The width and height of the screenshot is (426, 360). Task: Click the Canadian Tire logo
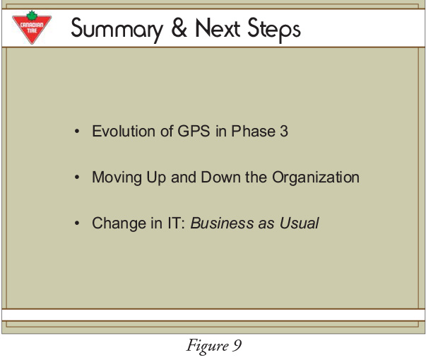click(32, 28)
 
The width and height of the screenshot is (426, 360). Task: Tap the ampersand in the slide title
click(179, 28)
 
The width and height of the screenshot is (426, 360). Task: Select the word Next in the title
click(218, 28)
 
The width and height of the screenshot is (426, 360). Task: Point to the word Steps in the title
click(274, 30)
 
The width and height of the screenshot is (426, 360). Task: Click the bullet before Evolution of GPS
click(77, 132)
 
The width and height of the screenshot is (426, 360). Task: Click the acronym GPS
click(194, 131)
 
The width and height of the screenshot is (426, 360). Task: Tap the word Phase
click(253, 131)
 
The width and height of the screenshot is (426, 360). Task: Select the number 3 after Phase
click(284, 131)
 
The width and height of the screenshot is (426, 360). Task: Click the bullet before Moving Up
click(77, 178)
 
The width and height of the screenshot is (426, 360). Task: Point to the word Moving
click(117, 178)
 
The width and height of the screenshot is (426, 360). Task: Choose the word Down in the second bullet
click(220, 177)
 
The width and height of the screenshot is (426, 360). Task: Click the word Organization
click(316, 178)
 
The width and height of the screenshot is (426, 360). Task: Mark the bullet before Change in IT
click(77, 223)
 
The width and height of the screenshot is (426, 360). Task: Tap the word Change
click(119, 224)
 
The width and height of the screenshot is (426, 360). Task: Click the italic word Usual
click(299, 223)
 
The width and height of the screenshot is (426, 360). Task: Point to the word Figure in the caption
click(207, 346)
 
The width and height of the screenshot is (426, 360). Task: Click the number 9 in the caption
click(237, 346)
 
